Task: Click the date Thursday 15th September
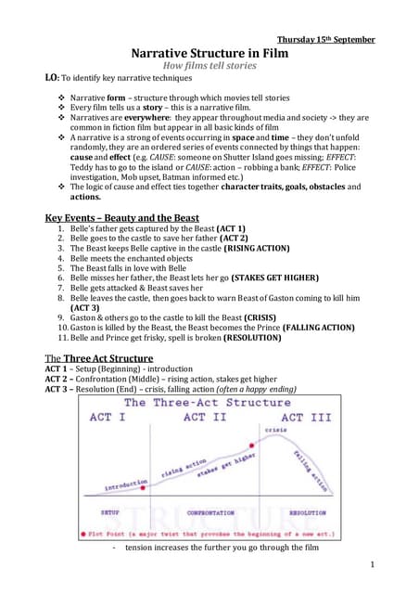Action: click(325, 39)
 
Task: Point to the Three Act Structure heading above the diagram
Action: click(100, 357)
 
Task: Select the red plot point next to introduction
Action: click(150, 481)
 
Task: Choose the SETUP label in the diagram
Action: click(108, 511)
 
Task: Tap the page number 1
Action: click(371, 564)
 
